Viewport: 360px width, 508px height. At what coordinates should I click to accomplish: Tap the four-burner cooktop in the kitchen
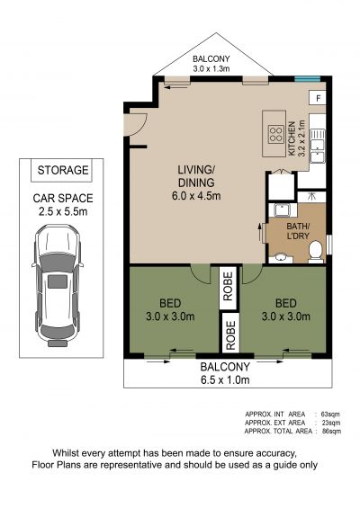(276, 135)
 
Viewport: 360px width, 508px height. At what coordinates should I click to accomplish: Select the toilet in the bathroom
(315, 252)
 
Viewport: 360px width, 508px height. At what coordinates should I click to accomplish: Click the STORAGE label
(63, 170)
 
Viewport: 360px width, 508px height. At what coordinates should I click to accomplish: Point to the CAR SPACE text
(63, 199)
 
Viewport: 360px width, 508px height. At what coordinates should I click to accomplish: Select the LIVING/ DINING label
(196, 176)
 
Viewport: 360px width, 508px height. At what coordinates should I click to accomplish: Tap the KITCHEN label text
(292, 138)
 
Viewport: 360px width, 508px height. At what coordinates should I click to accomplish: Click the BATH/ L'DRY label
(298, 231)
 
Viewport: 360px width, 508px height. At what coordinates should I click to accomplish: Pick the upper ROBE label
(228, 286)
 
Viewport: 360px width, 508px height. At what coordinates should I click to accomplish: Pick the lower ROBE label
(230, 335)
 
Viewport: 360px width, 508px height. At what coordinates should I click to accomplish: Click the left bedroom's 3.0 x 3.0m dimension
(170, 316)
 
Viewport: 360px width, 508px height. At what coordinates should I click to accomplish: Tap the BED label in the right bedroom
(285, 303)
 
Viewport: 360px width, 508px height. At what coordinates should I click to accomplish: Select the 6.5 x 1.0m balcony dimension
(225, 379)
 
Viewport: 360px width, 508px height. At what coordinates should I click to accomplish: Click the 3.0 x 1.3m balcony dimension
(211, 68)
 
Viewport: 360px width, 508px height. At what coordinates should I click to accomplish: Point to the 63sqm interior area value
(330, 414)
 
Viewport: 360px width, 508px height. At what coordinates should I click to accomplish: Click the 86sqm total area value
(331, 432)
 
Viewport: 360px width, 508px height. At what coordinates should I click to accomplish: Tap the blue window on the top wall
(307, 78)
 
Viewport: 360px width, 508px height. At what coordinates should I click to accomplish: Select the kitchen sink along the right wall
(318, 146)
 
